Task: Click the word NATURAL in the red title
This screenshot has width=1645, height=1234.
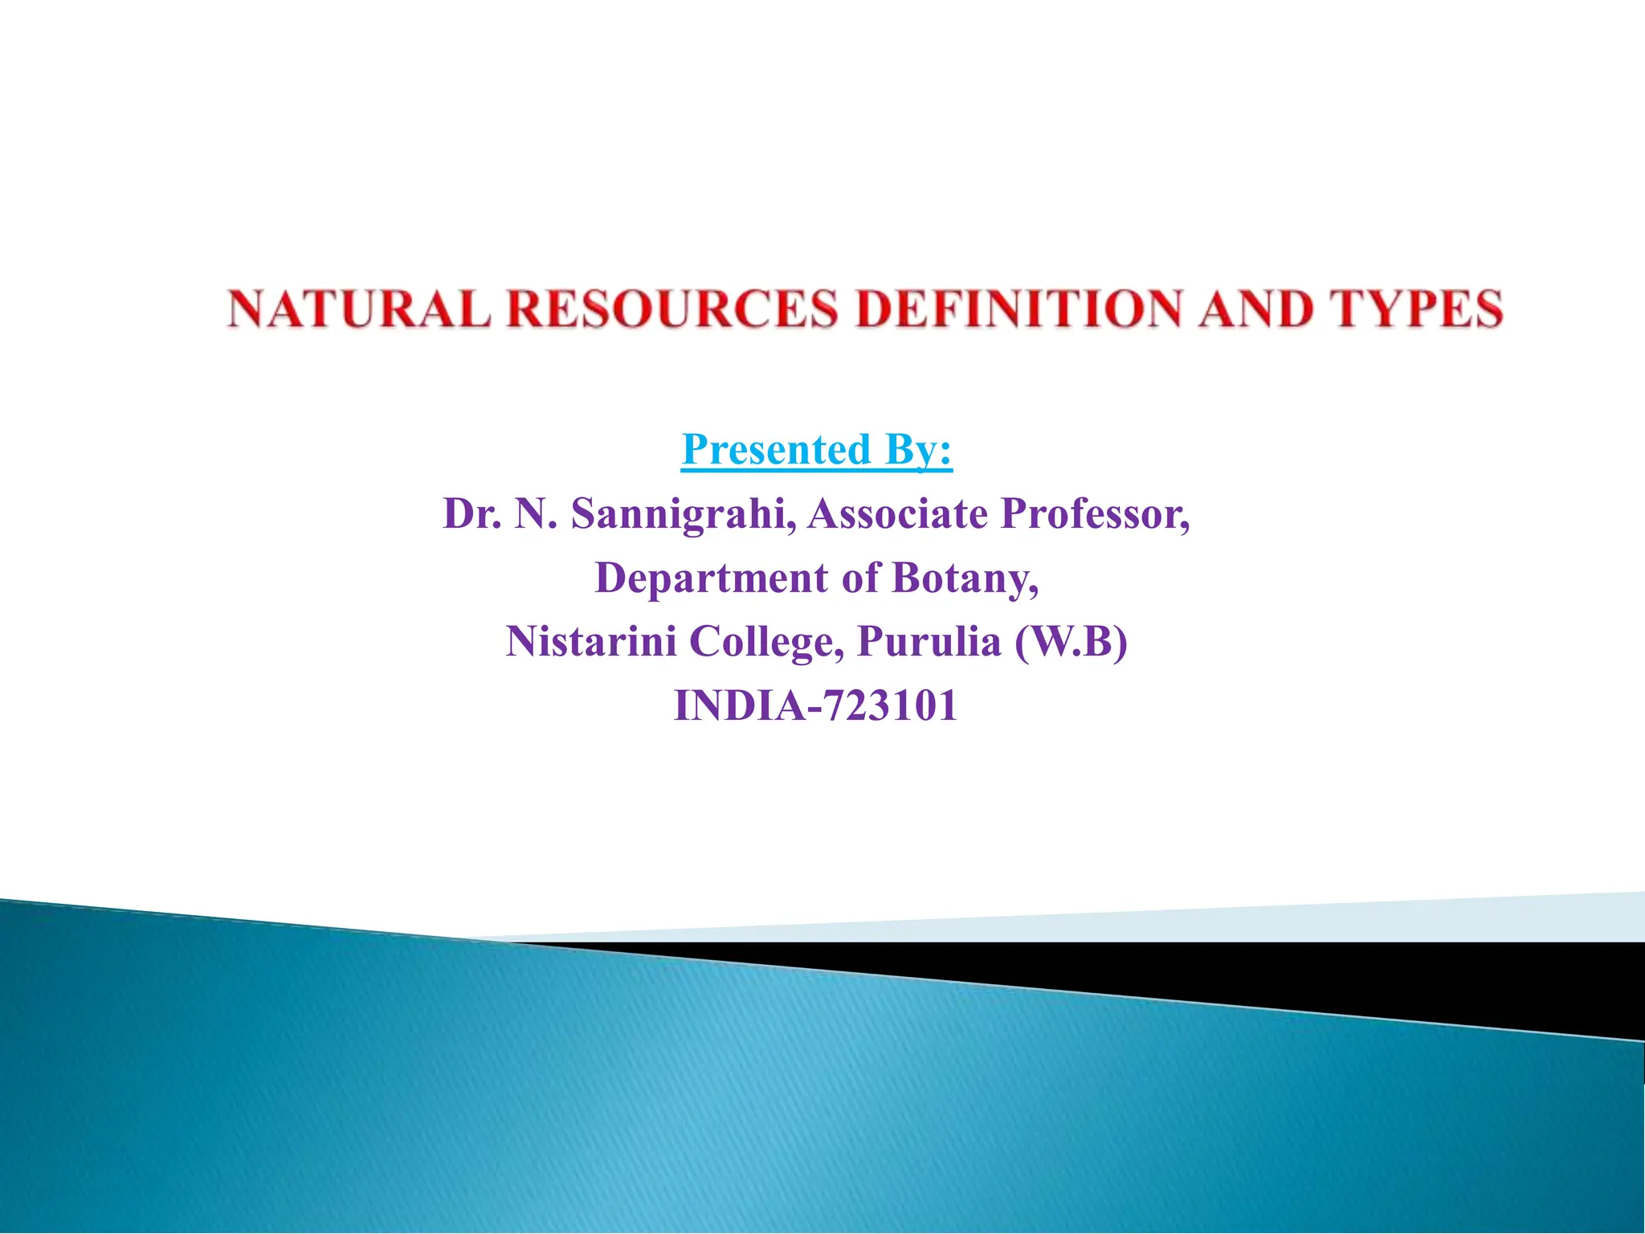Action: click(358, 309)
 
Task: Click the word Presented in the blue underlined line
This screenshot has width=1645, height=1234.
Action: click(776, 449)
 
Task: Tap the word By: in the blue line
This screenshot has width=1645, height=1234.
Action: click(919, 449)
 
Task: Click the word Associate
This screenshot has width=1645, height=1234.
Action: click(897, 514)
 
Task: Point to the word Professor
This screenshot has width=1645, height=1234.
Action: click(1094, 514)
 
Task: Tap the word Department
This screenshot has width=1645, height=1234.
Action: click(711, 578)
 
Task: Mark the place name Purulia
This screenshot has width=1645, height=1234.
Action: click(929, 641)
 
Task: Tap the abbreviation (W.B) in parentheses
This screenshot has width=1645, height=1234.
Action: click(1071, 641)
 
